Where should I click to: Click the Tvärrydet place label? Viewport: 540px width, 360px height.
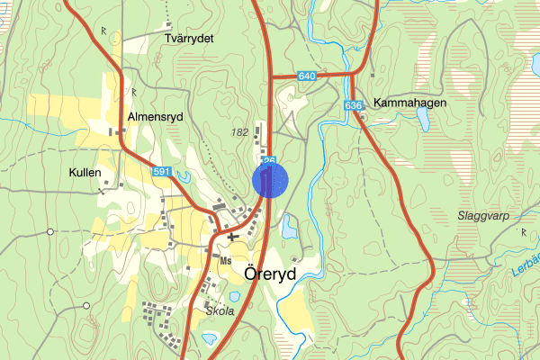click(188, 39)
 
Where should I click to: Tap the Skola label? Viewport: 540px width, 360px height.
click(220, 310)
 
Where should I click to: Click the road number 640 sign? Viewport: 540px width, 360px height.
click(308, 78)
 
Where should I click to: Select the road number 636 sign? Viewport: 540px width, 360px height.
click(353, 106)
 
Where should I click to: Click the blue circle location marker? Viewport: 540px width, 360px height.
click(270, 179)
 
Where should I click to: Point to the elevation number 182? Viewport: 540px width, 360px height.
click(239, 132)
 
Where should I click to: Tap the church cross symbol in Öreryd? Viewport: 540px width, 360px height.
click(232, 236)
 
